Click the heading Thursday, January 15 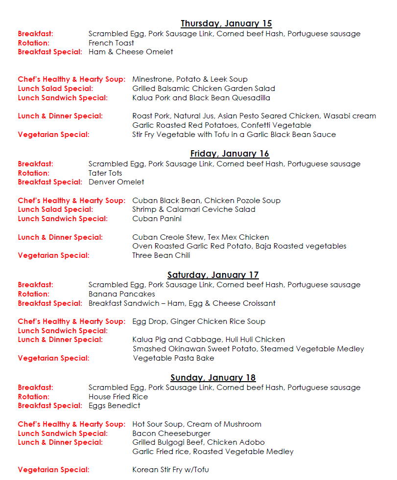[226, 23]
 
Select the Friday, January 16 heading [230, 154]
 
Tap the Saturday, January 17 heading [213, 275]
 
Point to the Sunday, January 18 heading [213, 378]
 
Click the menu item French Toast [111, 43]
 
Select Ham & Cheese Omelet [131, 52]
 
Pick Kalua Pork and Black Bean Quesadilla [201, 98]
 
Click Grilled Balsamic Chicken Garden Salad [204, 89]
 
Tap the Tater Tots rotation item [105, 173]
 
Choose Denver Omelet [117, 182]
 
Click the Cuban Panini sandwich [157, 219]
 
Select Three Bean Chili [161, 255]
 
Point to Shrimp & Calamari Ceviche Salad [194, 209]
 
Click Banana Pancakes [122, 294]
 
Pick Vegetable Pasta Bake [173, 358]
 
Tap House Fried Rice [118, 397]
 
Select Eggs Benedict [114, 406]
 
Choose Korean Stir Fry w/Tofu [170, 470]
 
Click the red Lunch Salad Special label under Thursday [55, 89]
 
